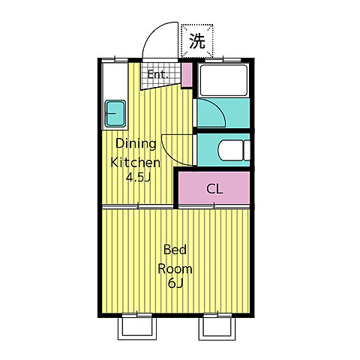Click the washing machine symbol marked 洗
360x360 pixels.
coord(197,41)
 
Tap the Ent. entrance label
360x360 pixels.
coord(157,74)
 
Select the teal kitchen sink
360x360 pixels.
coord(115,113)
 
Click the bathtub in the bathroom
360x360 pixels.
coord(223,80)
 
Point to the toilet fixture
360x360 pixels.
coord(234,150)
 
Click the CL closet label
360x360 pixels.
coord(214,189)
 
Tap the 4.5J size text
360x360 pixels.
coord(138,178)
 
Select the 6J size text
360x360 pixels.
coord(175,283)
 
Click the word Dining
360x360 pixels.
coord(136,144)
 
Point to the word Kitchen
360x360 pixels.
coord(135,163)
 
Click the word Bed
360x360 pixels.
coord(175,250)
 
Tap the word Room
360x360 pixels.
coord(175,268)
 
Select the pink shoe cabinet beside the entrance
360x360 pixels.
coord(187,75)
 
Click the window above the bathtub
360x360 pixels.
coord(223,60)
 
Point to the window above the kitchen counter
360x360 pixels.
coord(115,60)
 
